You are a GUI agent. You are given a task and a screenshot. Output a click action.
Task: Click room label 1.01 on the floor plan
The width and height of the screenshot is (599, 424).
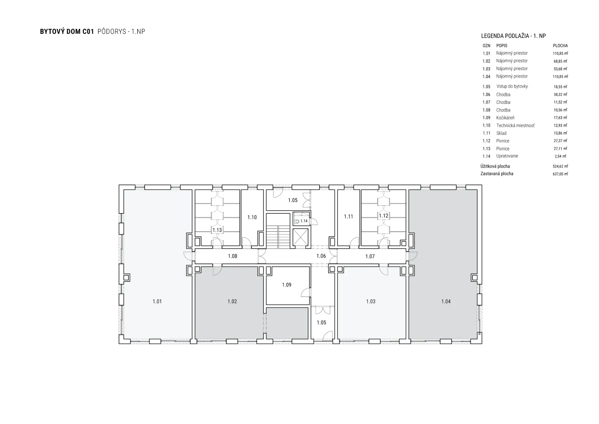point(157,301)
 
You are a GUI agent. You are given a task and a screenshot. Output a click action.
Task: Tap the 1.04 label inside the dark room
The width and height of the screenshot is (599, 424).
point(446,301)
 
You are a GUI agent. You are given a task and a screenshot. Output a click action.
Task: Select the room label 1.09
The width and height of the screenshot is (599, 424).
point(287,285)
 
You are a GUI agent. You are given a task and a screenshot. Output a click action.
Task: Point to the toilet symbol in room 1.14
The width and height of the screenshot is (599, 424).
point(297,222)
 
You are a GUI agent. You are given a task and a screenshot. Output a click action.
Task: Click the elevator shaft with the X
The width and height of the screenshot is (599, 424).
point(300,237)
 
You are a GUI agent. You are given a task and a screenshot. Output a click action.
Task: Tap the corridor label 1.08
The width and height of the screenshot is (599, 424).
point(232,256)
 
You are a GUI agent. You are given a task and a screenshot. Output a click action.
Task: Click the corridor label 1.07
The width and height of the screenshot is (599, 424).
point(370,256)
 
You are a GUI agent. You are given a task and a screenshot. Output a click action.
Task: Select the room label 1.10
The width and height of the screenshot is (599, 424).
point(252,217)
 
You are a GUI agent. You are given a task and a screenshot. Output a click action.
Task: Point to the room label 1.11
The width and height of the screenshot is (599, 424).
point(349,216)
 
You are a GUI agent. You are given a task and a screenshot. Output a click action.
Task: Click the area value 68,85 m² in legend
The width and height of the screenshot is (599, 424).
point(560,61)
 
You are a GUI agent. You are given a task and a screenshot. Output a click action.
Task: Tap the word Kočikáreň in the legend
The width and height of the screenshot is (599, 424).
point(505,118)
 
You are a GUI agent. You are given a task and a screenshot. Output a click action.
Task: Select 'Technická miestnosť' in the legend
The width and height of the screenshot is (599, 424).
point(515,125)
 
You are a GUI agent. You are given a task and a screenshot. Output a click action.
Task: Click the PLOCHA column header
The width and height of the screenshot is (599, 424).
point(560,45)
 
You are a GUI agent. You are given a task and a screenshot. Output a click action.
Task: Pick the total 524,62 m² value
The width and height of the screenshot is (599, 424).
point(560,166)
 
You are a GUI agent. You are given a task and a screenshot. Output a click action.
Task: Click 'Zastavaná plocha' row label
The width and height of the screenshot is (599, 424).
point(497,174)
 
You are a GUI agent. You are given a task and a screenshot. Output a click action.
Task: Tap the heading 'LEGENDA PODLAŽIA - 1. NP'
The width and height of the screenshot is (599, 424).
point(513,36)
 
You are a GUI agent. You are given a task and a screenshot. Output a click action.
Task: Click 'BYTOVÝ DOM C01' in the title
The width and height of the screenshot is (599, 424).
point(67,31)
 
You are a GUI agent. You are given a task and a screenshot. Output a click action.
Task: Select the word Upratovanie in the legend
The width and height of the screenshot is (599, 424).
point(507,156)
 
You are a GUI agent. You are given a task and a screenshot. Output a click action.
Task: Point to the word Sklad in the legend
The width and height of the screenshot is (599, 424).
point(501,133)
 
